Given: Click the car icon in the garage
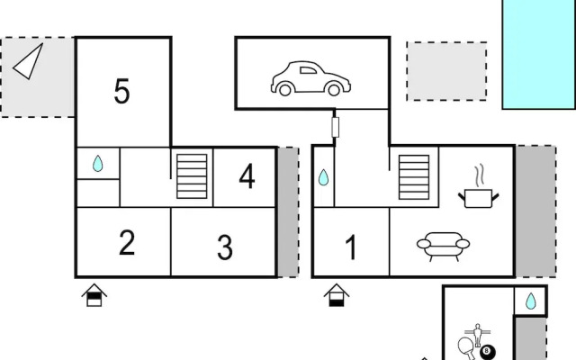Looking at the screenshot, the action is pos(310,78).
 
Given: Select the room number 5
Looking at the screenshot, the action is pos(122,91).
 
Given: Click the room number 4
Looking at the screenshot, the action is pos(247,176).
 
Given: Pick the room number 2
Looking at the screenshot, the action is pos(127,242).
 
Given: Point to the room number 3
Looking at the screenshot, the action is pos(225,247).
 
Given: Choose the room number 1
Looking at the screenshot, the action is pos(351,247).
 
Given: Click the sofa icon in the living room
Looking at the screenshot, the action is pos(443,246).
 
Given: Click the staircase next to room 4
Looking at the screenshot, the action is pos(192,176).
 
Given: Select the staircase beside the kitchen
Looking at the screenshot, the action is pos(414,177).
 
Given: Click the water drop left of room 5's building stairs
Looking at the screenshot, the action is pos(98,164).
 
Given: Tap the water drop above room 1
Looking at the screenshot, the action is pos(323,177).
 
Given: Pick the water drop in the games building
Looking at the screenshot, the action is pos(530,301).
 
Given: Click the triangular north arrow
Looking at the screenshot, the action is pos(29,61).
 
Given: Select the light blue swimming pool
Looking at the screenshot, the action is pos(539,54).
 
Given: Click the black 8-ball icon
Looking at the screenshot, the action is pos(488,352).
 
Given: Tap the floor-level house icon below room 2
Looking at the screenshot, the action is pos(94,295).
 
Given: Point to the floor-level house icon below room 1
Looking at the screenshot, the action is pos(337,295).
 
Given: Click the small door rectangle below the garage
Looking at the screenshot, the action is pos(335,127).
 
